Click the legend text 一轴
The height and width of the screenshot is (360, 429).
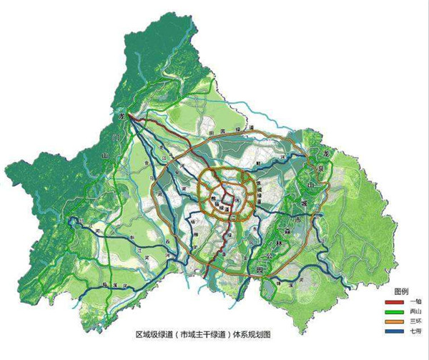click(x=411, y=301)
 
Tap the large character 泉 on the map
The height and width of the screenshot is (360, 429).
click(x=319, y=168)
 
